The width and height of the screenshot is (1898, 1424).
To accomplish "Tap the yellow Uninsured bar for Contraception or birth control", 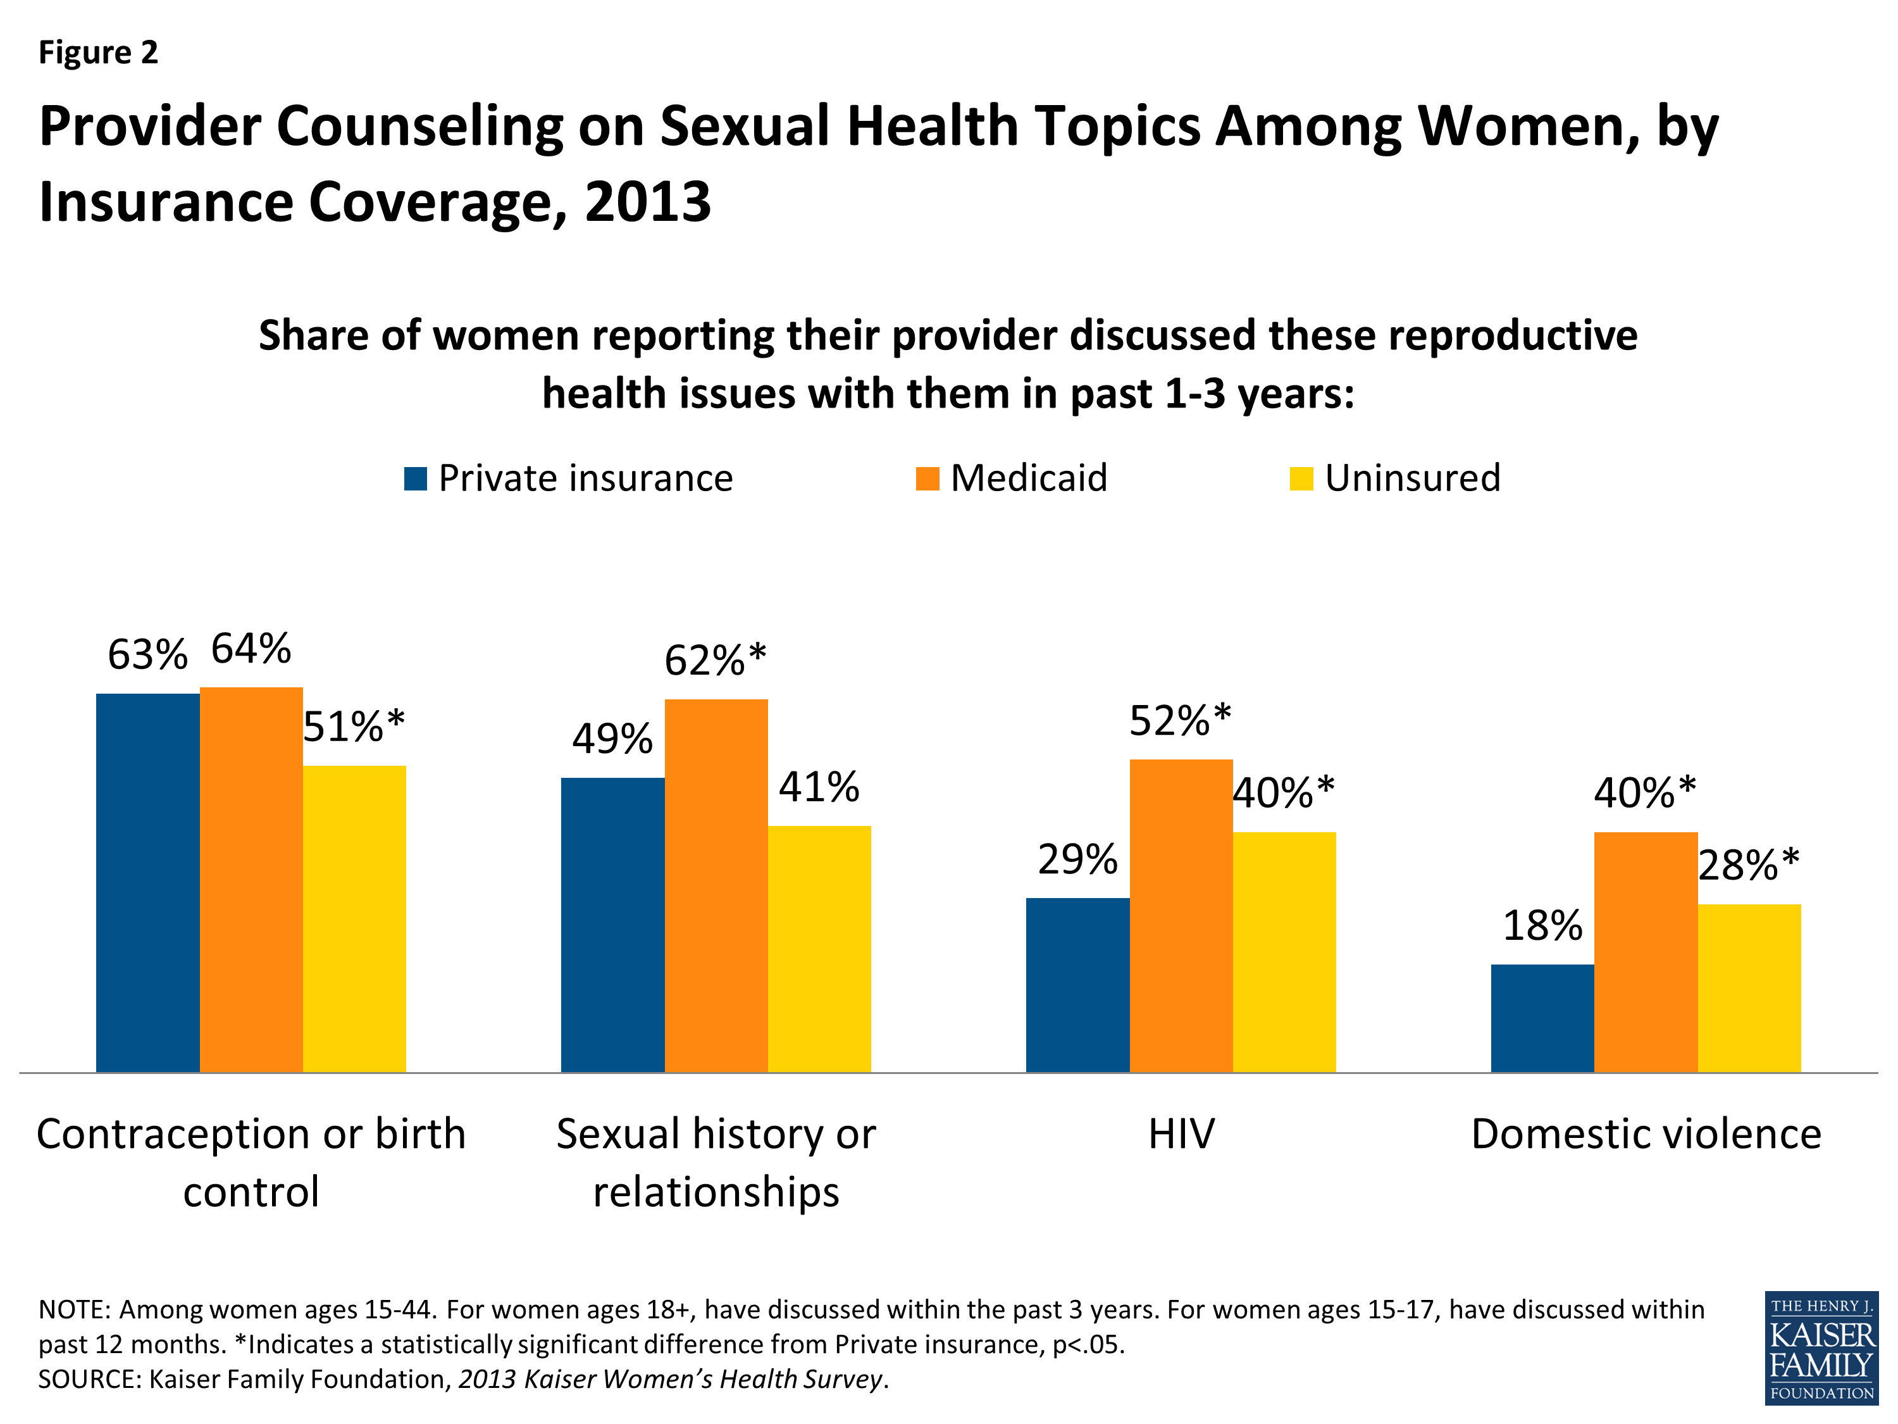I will (354, 918).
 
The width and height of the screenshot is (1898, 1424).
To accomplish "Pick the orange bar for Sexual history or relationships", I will (716, 885).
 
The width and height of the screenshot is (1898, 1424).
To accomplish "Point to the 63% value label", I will (147, 655).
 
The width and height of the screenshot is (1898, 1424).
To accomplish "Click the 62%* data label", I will (715, 660).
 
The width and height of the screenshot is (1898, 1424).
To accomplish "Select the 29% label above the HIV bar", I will (1077, 859).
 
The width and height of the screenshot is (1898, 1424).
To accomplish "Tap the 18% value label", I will (1542, 925).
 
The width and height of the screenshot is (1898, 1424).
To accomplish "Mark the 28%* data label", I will (1748, 865).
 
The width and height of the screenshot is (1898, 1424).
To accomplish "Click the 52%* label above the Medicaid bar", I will (1180, 720).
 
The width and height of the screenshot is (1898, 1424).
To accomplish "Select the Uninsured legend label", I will (1411, 478).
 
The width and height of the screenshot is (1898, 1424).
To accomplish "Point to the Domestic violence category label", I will (1645, 1134).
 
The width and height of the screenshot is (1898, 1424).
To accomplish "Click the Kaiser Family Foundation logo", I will (1820, 1349).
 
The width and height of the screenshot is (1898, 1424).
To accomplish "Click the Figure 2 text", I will (99, 53).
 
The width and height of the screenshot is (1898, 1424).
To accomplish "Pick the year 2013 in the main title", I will (648, 203).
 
